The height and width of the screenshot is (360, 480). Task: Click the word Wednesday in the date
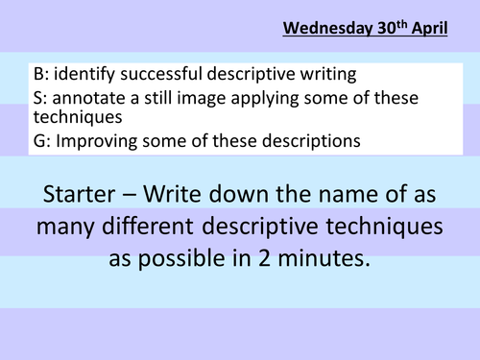click(x=328, y=29)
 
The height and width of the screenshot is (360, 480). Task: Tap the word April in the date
click(x=429, y=29)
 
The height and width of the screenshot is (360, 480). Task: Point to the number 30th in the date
click(x=393, y=28)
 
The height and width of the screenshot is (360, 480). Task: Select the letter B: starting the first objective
click(x=41, y=74)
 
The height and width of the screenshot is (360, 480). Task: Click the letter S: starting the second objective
click(x=40, y=98)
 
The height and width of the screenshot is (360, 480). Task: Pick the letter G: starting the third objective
click(x=42, y=141)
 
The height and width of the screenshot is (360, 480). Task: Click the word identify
click(x=84, y=75)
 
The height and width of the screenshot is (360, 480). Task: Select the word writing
click(x=328, y=75)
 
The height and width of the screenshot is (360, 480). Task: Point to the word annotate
click(x=88, y=98)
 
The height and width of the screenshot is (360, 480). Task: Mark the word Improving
click(x=97, y=142)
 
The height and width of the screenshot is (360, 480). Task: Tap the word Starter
click(x=79, y=194)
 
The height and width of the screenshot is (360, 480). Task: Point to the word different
click(x=148, y=226)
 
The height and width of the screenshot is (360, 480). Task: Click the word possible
click(x=181, y=259)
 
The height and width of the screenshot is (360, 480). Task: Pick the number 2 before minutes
click(x=264, y=258)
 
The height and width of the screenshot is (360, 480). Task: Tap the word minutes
click(x=324, y=258)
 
